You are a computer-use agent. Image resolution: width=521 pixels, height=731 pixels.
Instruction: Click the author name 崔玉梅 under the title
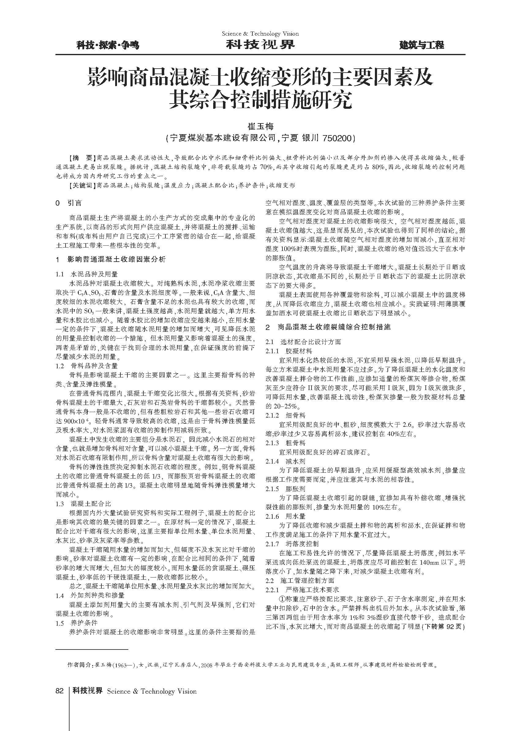(260, 126)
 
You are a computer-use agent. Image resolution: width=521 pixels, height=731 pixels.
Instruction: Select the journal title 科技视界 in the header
(260, 45)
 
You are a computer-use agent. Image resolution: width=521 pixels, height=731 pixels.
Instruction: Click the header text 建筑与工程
(421, 45)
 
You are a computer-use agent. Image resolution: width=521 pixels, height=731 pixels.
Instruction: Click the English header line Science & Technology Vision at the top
(260, 34)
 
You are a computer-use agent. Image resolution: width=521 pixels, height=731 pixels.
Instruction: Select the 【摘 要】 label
(82, 158)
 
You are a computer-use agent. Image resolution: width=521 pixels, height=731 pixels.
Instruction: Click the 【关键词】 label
(82, 185)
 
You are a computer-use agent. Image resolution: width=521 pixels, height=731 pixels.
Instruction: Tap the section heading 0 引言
(69, 203)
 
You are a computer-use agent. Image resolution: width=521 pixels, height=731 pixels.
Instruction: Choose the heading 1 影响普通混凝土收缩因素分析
(111, 259)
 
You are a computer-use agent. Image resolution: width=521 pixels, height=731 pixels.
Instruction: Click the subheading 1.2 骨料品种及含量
(87, 366)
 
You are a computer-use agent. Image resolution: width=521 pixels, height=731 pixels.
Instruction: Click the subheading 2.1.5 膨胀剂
(285, 489)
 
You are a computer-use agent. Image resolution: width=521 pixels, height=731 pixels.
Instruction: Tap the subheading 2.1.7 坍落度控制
(292, 544)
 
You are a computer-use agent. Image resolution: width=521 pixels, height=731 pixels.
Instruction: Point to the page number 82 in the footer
(60, 691)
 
